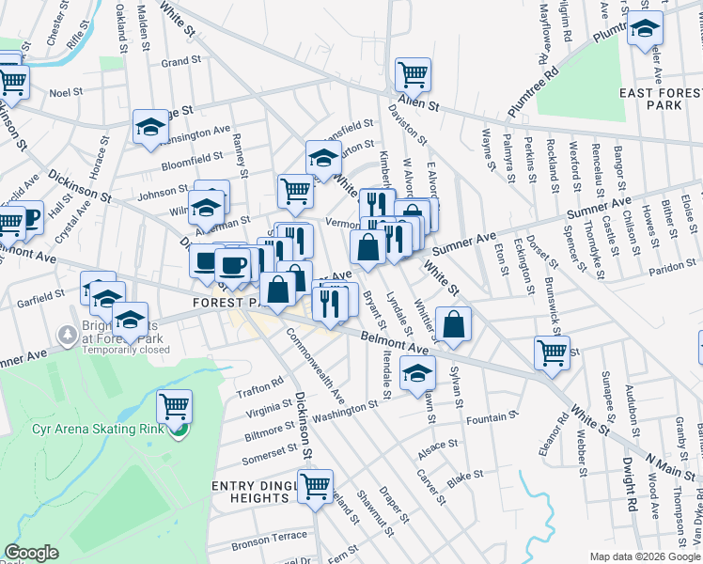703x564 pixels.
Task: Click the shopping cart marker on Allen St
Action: point(412,73)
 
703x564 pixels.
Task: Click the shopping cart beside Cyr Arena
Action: point(174,406)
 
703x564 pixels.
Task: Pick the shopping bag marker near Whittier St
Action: point(453,323)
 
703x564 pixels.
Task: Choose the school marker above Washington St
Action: point(417,373)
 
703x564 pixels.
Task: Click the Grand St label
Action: point(182,62)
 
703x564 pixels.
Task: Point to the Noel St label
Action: point(66,92)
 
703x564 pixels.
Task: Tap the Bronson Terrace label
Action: point(270,536)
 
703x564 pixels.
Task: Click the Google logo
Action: point(32,553)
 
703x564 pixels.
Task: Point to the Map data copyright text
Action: point(645,556)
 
